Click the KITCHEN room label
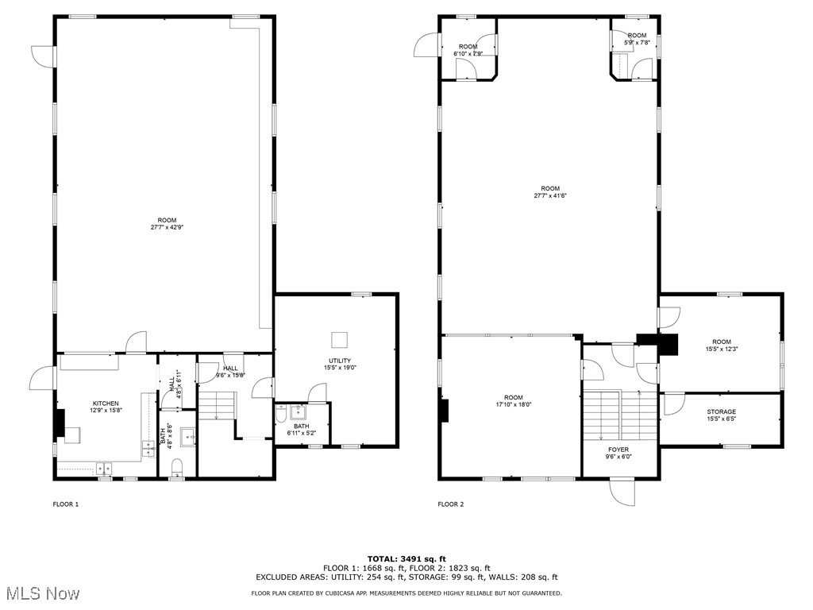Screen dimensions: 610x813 pyautogui.click(x=106, y=403)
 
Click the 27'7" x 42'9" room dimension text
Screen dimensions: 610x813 pyautogui.click(x=167, y=227)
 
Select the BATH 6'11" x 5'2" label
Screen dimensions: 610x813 pyautogui.click(x=301, y=430)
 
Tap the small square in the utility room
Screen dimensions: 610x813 pyautogui.click(x=339, y=339)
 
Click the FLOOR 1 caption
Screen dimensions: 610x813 pyautogui.click(x=66, y=504)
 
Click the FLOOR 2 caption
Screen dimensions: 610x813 pyautogui.click(x=451, y=504)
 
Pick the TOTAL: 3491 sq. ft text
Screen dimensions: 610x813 pyautogui.click(x=406, y=558)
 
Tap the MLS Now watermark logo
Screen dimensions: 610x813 pyautogui.click(x=40, y=593)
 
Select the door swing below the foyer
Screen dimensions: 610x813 pyautogui.click(x=622, y=492)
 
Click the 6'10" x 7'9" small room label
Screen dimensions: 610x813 pyautogui.click(x=468, y=50)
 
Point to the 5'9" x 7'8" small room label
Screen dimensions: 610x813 pyautogui.click(x=637, y=39)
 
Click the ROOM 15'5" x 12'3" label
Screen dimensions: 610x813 pyautogui.click(x=721, y=346)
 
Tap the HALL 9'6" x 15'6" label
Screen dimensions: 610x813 pyautogui.click(x=230, y=372)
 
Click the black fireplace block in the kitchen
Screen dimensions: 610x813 pyautogui.click(x=59, y=423)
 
